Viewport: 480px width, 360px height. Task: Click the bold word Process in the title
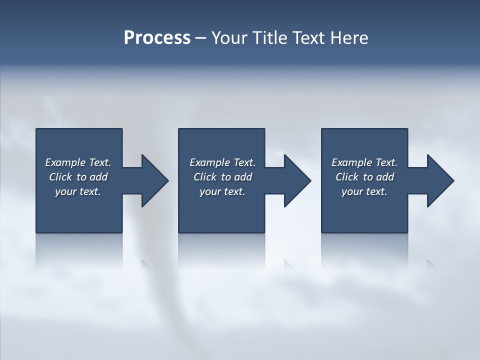point(157,37)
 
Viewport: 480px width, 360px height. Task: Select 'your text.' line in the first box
point(78,191)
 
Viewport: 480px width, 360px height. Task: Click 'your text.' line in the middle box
point(222,191)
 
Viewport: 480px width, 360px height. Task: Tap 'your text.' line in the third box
point(364,191)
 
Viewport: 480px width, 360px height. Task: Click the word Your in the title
point(228,37)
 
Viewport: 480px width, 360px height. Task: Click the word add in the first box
point(98,177)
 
